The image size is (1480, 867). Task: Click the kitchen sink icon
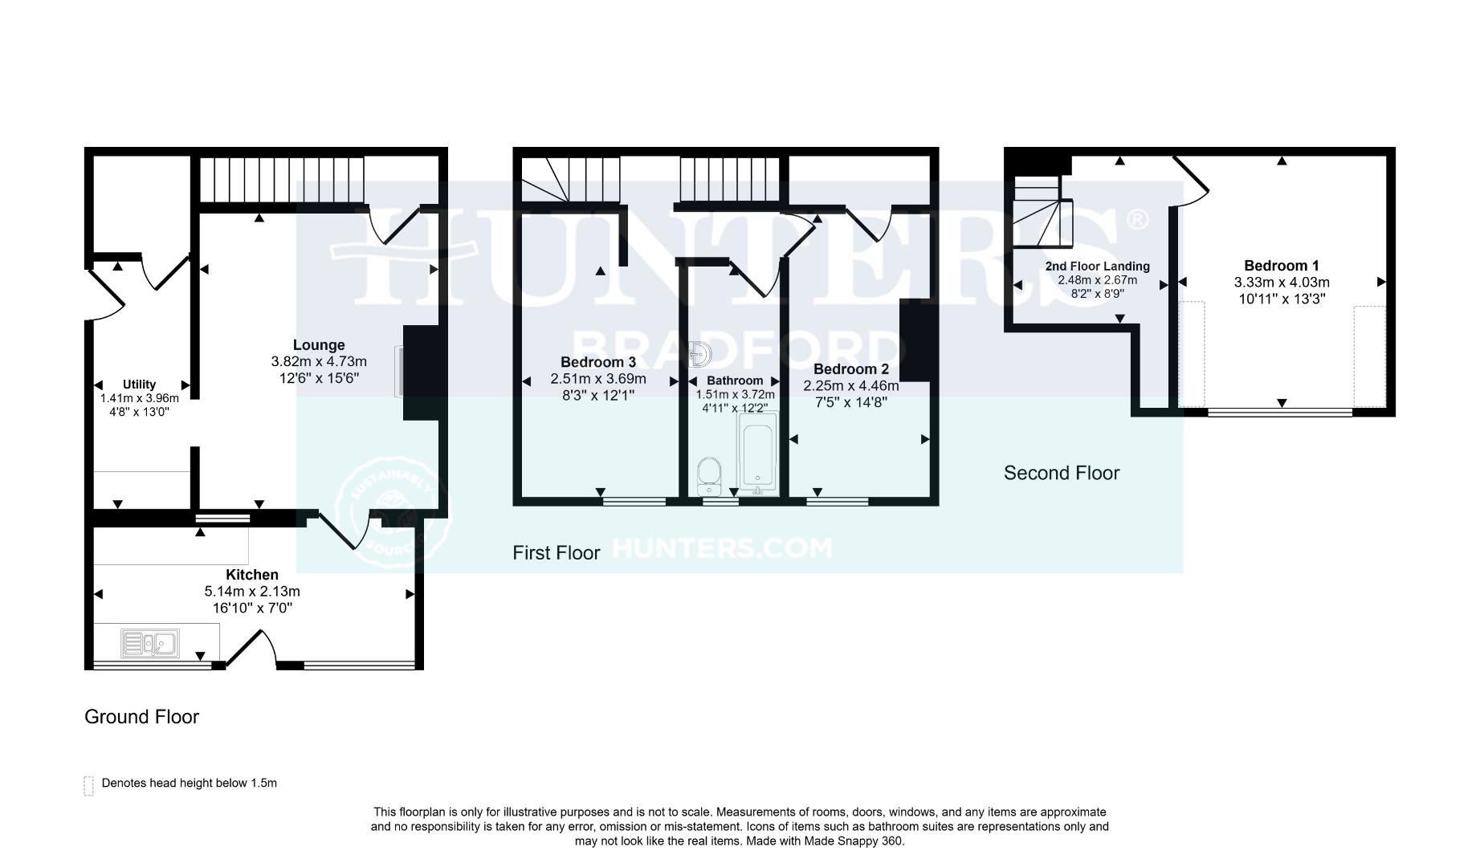tap(150, 643)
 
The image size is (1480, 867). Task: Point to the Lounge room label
tap(319, 345)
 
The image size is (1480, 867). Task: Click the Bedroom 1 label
tap(1281, 266)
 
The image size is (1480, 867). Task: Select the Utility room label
tap(139, 385)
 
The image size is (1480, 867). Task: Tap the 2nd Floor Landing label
tap(1097, 266)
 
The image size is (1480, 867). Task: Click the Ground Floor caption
tap(141, 717)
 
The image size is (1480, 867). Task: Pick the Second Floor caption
tap(1061, 473)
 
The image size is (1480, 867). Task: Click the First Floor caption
tap(556, 553)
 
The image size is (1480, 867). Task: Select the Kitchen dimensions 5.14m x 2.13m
tap(252, 592)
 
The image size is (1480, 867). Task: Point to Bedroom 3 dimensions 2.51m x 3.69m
tap(597, 379)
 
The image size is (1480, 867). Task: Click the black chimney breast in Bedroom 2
tap(915, 340)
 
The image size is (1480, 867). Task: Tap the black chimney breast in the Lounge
tap(421, 372)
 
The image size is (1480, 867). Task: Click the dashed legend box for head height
tap(89, 785)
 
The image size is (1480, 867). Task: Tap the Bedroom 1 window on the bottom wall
tap(1280, 413)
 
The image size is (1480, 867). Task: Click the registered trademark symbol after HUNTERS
tap(1138, 218)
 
